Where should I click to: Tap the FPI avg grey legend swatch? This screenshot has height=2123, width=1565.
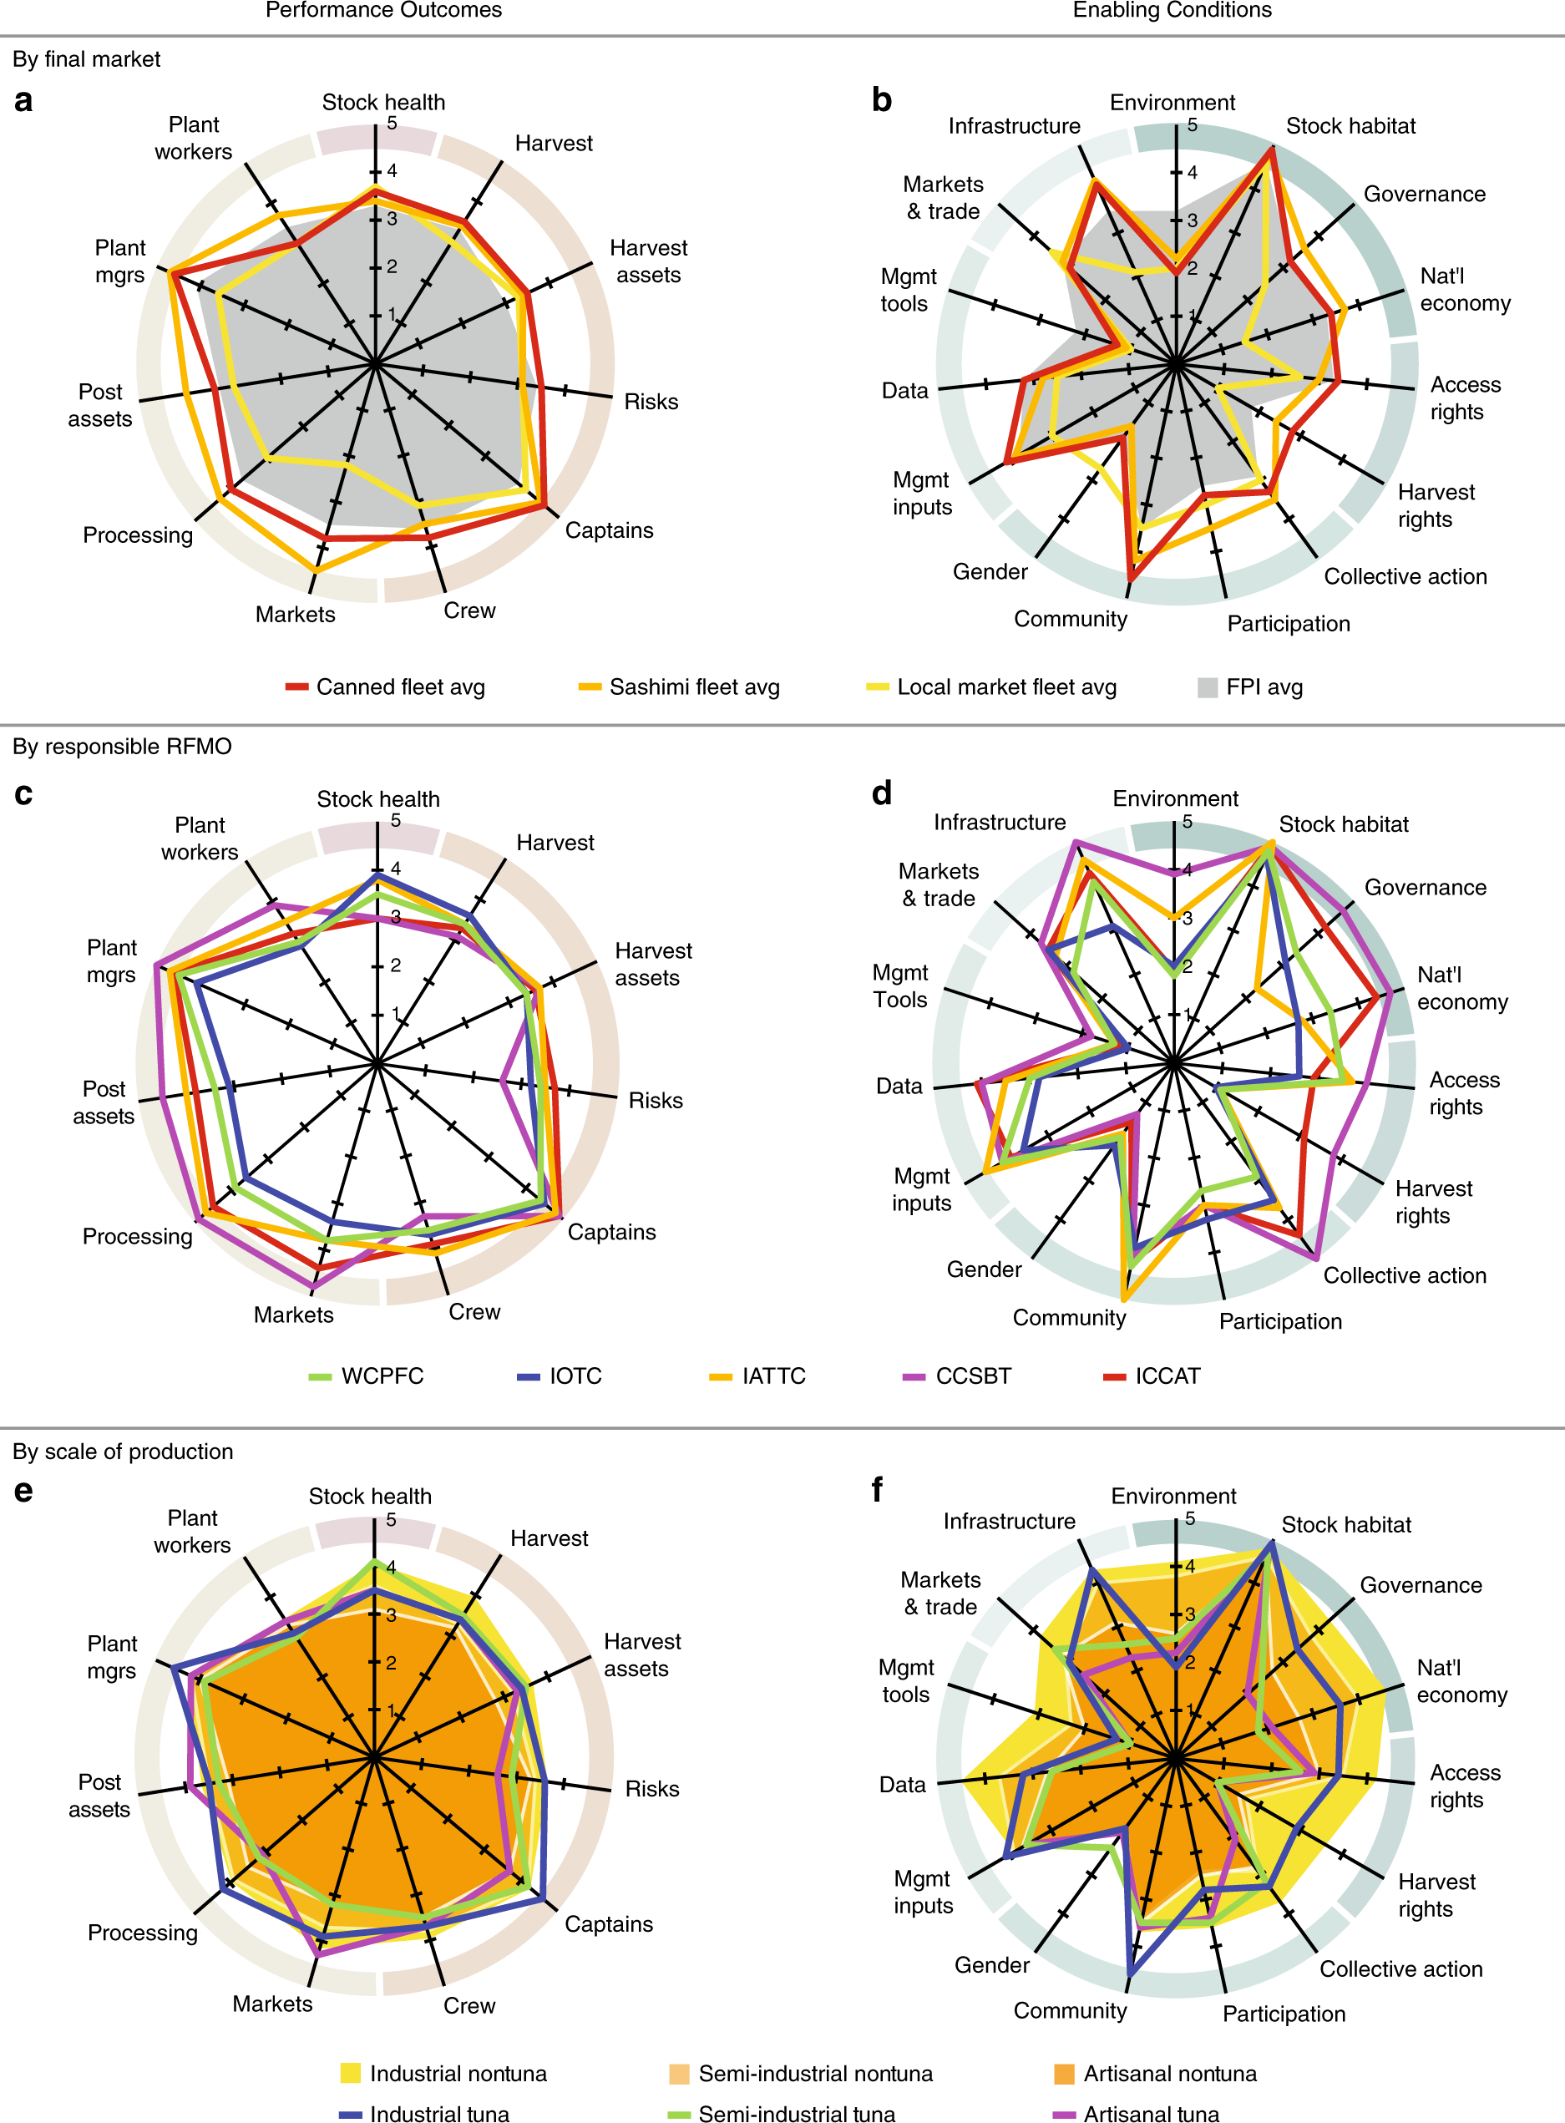[x=1207, y=687]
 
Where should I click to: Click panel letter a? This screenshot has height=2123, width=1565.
[x=23, y=100]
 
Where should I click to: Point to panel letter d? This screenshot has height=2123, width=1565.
[x=881, y=792]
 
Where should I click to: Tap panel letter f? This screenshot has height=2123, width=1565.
[x=877, y=1489]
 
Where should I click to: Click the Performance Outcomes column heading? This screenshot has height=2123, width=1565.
[x=383, y=10]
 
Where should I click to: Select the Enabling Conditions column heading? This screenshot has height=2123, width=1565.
[x=1172, y=10]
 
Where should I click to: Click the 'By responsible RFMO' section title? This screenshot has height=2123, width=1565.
[x=122, y=747]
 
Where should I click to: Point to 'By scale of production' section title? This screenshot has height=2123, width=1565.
[x=123, y=1452]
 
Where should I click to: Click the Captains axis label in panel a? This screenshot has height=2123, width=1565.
[x=609, y=530]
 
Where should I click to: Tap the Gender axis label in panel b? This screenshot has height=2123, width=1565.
[x=990, y=571]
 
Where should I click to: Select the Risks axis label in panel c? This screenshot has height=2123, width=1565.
[x=656, y=1101]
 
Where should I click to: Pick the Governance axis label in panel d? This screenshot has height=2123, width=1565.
[x=1425, y=888]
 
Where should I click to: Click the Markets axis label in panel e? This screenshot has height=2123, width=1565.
[x=273, y=2004]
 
